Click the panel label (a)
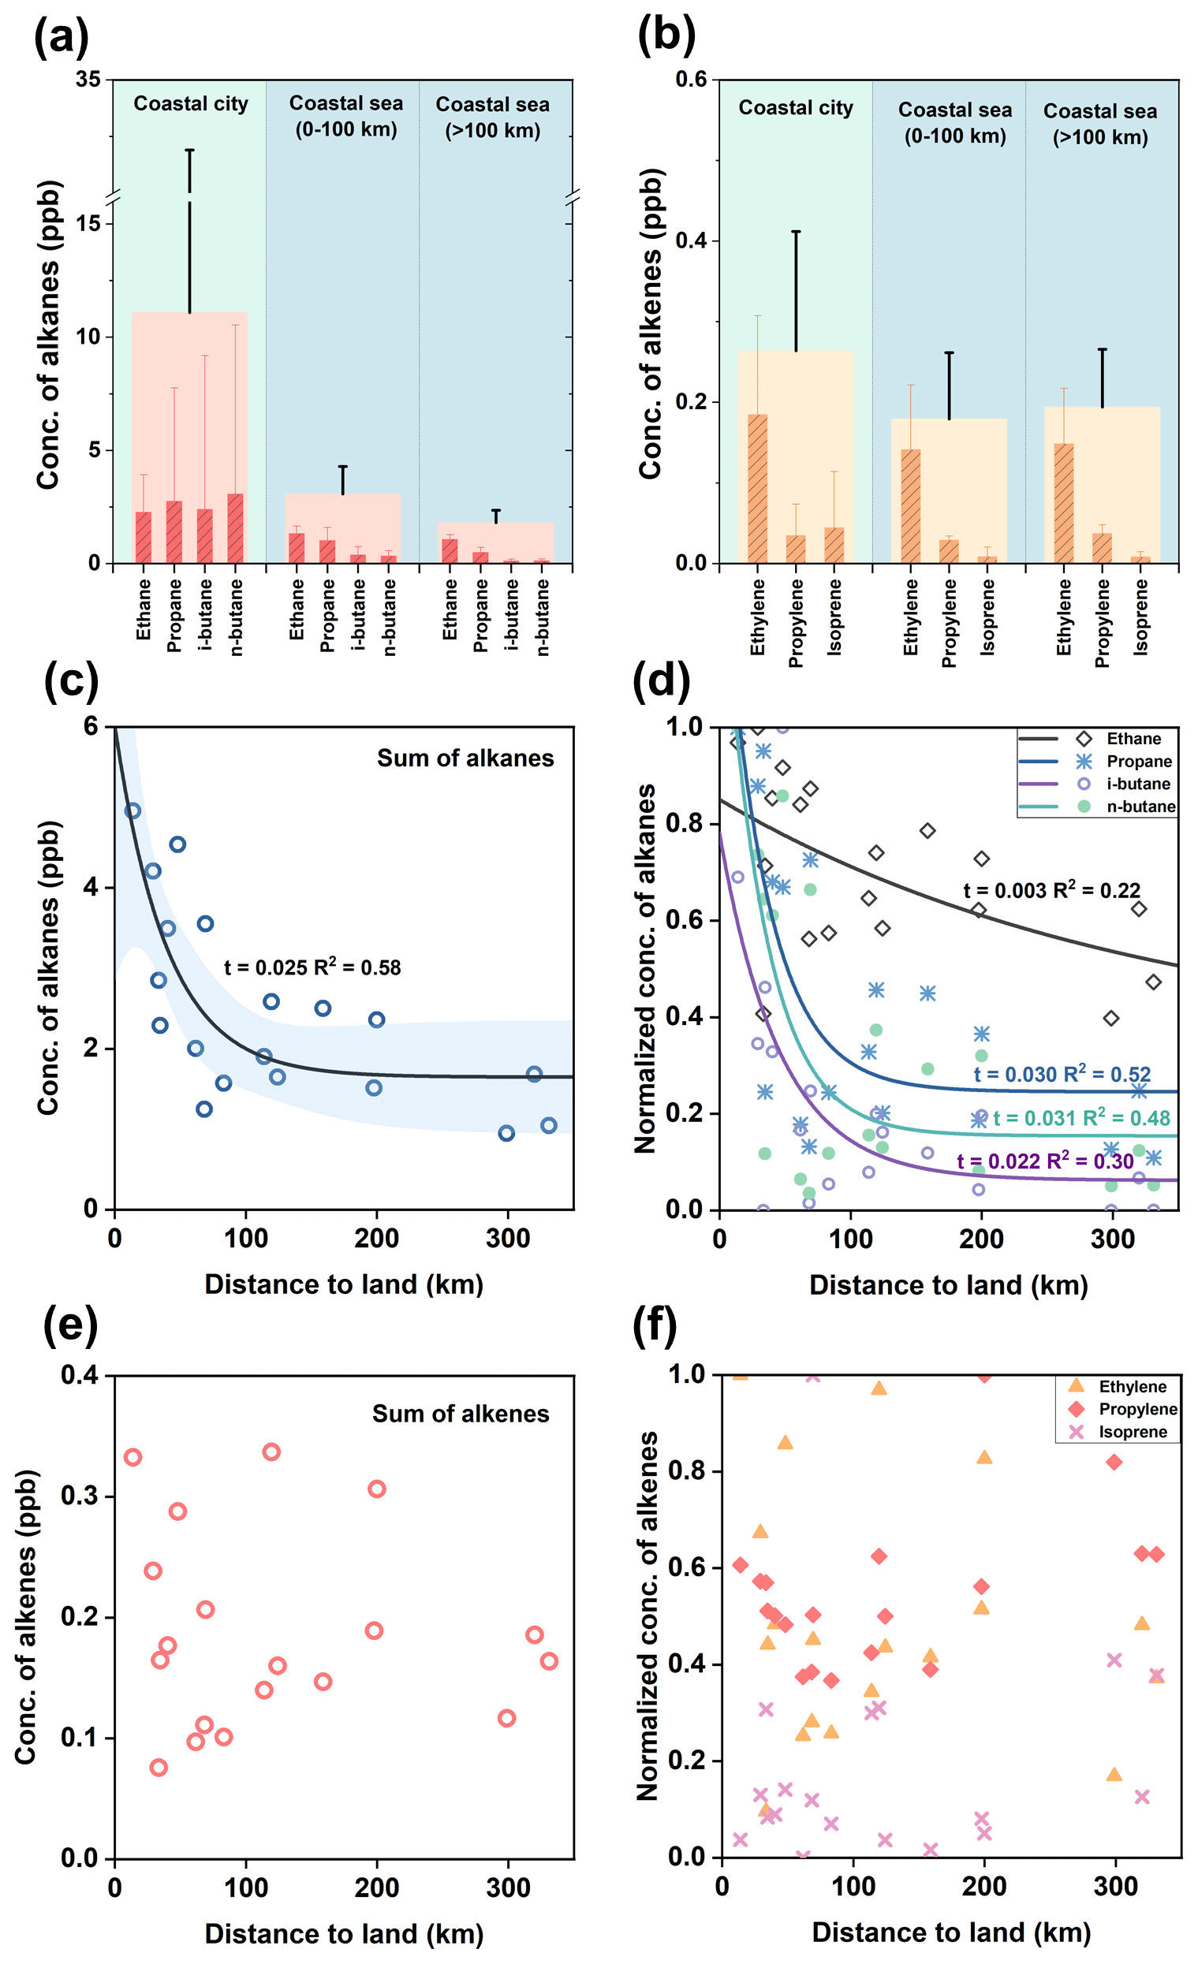click(61, 38)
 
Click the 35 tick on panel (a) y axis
click(88, 80)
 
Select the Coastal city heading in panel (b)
click(795, 107)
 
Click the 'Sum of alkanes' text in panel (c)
click(465, 758)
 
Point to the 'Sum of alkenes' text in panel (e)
click(460, 1414)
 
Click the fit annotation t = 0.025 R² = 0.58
click(312, 967)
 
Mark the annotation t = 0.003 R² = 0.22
click(1051, 890)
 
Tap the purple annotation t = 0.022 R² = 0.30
click(1045, 1161)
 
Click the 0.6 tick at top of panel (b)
click(692, 80)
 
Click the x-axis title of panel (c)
click(344, 1284)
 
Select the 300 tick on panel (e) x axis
click(508, 1888)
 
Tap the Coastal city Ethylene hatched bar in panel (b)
click(757, 488)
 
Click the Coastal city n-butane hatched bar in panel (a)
click(235, 527)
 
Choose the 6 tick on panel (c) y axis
click(90, 726)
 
